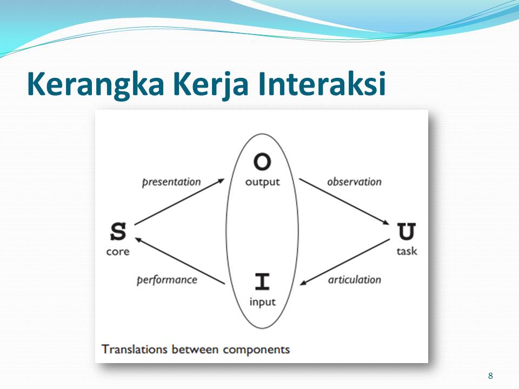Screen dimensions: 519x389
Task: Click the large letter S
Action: pyautogui.click(x=118, y=232)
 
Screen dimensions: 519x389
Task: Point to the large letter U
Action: pyautogui.click(x=407, y=232)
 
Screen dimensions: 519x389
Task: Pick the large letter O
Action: pyautogui.click(x=262, y=162)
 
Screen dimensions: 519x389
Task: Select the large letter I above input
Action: pyautogui.click(x=262, y=281)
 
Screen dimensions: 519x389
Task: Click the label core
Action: pyautogui.click(x=118, y=252)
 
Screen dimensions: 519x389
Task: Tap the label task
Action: pyautogui.click(x=407, y=251)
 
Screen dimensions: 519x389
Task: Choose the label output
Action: pyautogui.click(x=263, y=182)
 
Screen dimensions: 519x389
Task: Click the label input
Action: pyautogui.click(x=263, y=302)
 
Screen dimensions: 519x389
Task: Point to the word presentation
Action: pyautogui.click(x=171, y=182)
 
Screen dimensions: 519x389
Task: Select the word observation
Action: pyautogui.click(x=354, y=182)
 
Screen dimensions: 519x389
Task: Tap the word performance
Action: pyautogui.click(x=167, y=280)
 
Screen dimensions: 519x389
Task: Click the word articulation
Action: pyautogui.click(x=355, y=280)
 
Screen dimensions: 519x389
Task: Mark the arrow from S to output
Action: pyautogui.click(x=179, y=202)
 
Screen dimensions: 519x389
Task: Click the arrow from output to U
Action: pyautogui.click(x=344, y=202)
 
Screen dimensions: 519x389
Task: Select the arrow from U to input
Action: pyautogui.click(x=345, y=261)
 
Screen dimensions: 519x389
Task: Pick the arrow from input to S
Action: pyautogui.click(x=180, y=261)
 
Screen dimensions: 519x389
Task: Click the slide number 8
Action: pyautogui.click(x=490, y=376)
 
